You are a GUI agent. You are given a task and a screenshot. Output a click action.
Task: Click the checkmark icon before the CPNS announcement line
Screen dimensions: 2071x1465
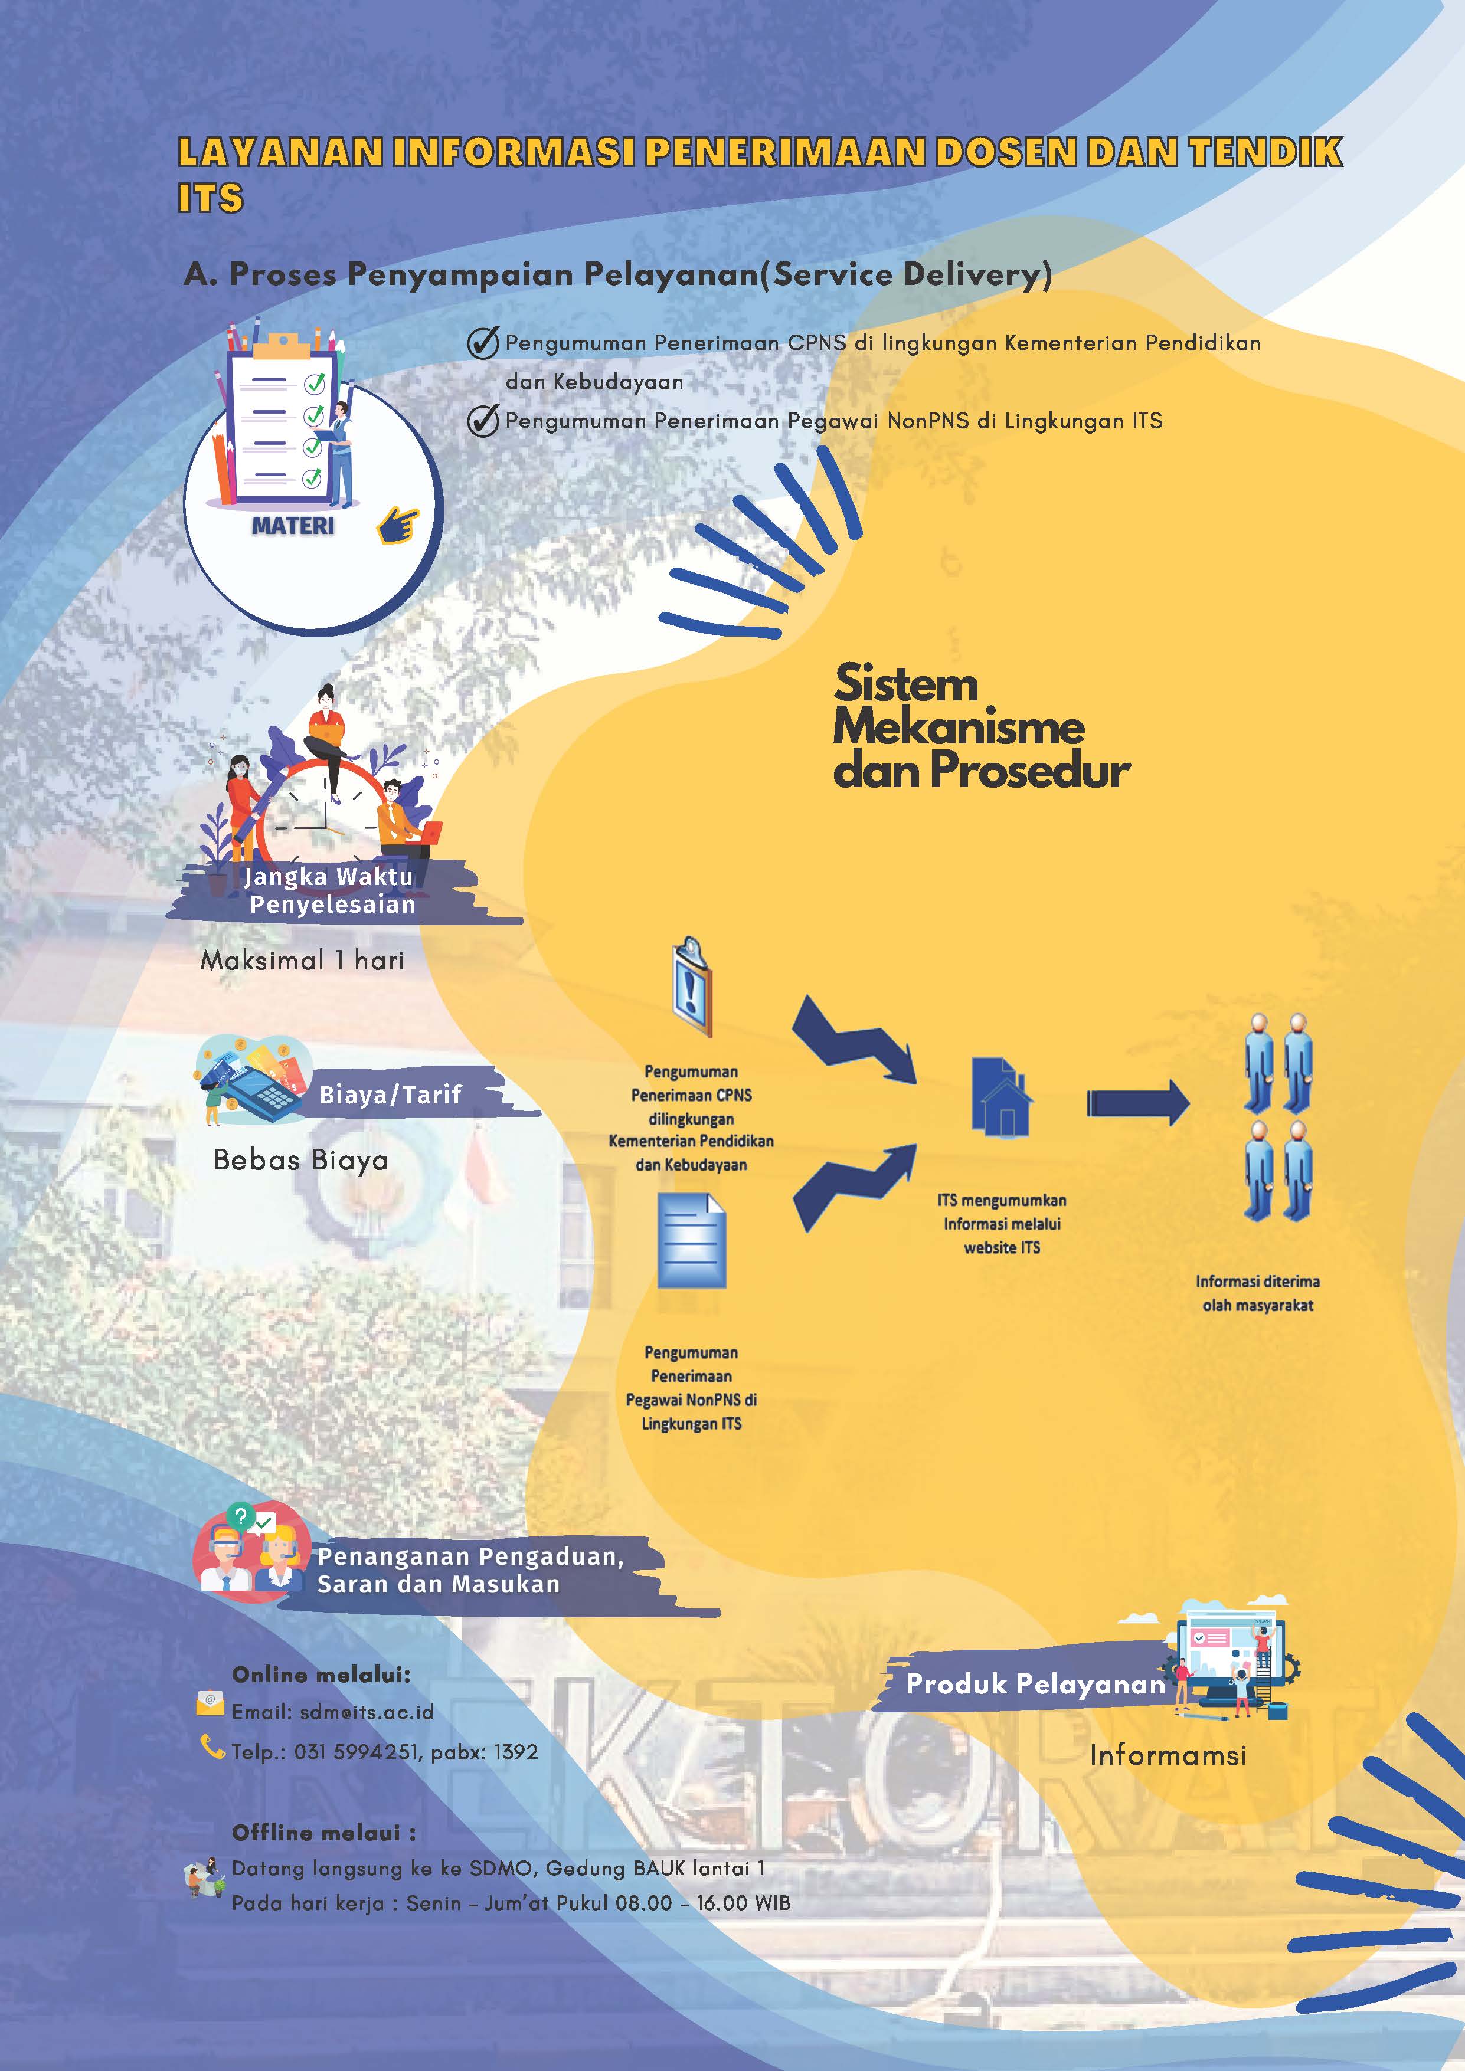(483, 343)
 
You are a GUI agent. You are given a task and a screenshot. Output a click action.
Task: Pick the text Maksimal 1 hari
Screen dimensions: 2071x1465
(302, 961)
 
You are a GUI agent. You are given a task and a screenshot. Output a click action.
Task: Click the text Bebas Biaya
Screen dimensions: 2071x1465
(300, 1160)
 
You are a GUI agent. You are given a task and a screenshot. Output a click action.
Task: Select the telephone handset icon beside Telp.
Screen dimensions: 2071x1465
(211, 1747)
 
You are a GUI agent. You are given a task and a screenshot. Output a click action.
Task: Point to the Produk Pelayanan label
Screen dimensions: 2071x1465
(1035, 1684)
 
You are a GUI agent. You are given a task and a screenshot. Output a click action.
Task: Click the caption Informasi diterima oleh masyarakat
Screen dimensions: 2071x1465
(1257, 1293)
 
